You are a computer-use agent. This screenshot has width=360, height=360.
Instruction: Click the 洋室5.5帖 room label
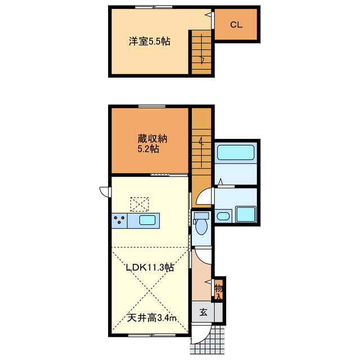pyautogui.click(x=150, y=41)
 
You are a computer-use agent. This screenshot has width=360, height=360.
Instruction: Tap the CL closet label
pyautogui.click(x=236, y=25)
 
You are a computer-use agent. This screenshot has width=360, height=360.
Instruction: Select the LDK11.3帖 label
pyautogui.click(x=149, y=267)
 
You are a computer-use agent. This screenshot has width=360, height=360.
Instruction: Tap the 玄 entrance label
pyautogui.click(x=202, y=312)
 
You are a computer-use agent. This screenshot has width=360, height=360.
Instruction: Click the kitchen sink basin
pyautogui.click(x=148, y=220)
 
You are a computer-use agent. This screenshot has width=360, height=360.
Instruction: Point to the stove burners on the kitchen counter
pyautogui.click(x=119, y=220)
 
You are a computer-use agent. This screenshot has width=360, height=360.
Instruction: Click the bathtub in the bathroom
pyautogui.click(x=236, y=152)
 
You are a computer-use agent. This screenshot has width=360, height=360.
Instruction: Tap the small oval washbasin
pyautogui.click(x=223, y=216)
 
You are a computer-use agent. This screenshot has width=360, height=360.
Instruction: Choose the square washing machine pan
pyautogui.click(x=245, y=214)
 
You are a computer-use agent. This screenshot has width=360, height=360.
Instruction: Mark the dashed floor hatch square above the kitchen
pyautogui.click(x=140, y=202)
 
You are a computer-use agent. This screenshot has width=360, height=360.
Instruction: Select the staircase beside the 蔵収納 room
pyautogui.click(x=200, y=149)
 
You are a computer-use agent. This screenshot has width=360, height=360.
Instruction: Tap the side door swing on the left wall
pyautogui.click(x=105, y=191)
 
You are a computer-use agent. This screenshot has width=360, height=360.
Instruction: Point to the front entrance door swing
pyautogui.click(x=200, y=336)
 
